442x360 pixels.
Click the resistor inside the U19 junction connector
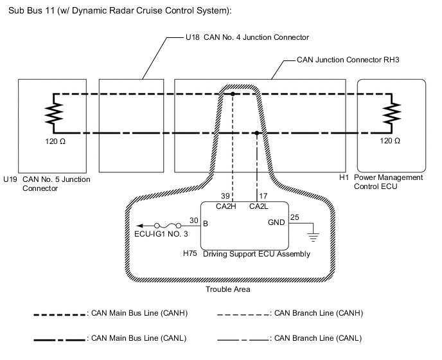point(53,114)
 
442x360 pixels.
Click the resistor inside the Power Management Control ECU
point(390,114)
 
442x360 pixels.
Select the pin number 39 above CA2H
point(225,195)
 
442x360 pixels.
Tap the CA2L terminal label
point(259,206)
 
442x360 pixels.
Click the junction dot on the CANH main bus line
point(233,94)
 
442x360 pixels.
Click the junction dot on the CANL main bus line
point(257,134)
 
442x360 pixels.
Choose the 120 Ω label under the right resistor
point(390,140)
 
